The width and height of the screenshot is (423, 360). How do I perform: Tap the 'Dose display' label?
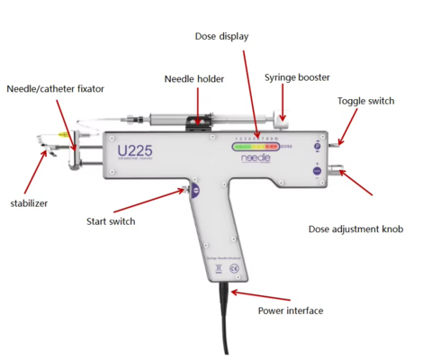[221, 36]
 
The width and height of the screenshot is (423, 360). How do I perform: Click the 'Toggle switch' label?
[365, 101]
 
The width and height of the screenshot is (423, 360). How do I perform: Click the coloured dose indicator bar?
[255, 145]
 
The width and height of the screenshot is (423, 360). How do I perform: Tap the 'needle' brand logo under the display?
[256, 156]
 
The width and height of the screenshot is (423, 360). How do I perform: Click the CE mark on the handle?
[233, 269]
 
